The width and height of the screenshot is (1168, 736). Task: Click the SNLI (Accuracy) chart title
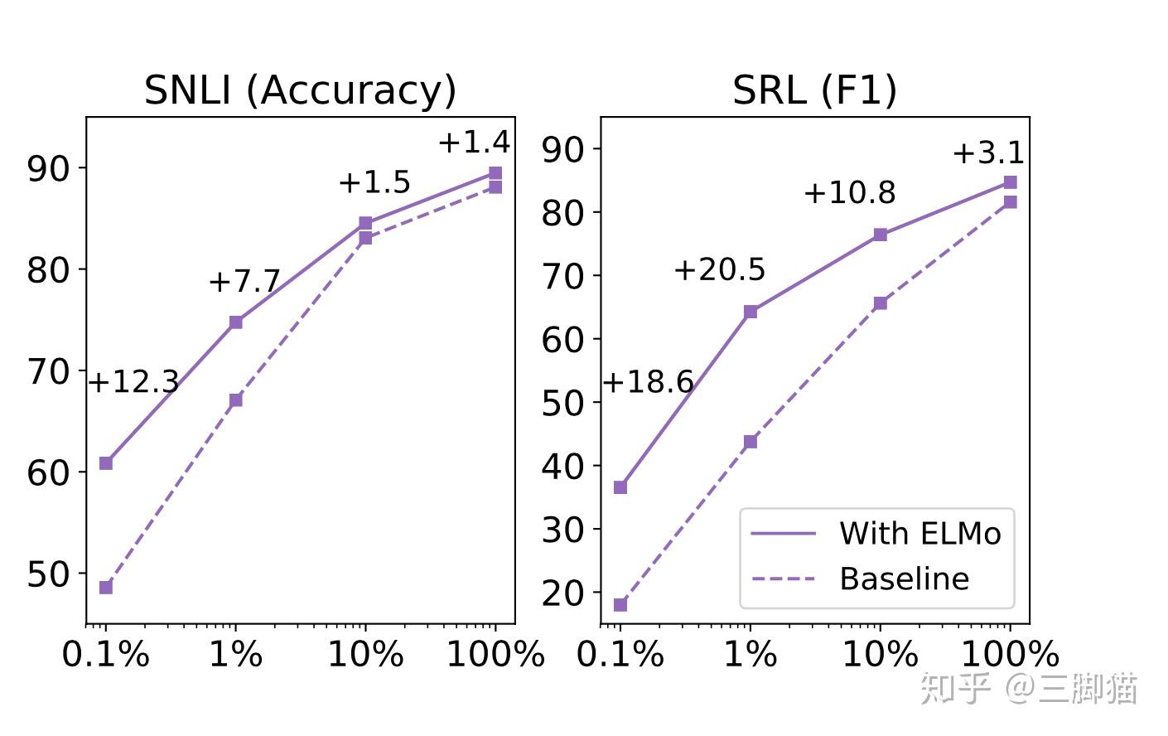tap(300, 90)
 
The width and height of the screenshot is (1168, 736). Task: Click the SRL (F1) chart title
tap(814, 90)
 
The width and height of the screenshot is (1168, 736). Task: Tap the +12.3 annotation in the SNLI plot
tap(133, 382)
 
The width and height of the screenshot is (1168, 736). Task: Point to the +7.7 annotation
tap(244, 282)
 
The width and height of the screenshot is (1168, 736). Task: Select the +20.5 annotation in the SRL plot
tap(720, 269)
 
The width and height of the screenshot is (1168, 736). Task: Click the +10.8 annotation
tap(850, 193)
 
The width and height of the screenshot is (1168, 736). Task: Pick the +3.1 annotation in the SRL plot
tap(988, 153)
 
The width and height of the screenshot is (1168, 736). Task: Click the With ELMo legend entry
tap(919, 534)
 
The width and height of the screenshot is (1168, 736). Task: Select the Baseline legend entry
tap(904, 579)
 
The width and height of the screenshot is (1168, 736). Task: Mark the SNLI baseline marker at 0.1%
tap(106, 588)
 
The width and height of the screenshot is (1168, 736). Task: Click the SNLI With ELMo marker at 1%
tap(236, 322)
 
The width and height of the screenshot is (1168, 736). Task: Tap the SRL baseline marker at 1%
tap(751, 442)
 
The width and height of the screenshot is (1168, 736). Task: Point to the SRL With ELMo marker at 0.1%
tap(620, 487)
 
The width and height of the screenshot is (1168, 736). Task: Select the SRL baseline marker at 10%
tap(881, 303)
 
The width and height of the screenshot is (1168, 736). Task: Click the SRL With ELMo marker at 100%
tap(1010, 182)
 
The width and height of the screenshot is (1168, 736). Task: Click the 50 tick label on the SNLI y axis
tap(49, 574)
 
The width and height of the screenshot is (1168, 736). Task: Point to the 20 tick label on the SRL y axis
tap(563, 593)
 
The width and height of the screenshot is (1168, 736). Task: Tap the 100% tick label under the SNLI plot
tap(495, 655)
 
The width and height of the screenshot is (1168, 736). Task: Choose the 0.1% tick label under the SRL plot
tap(620, 655)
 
